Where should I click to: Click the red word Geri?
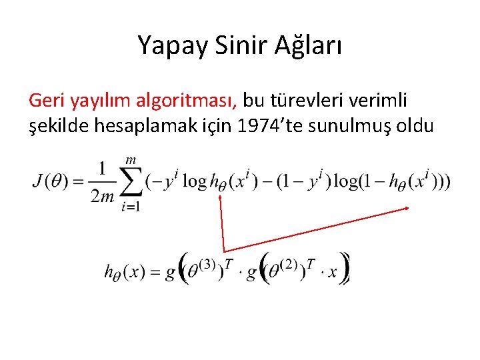(x=46, y=101)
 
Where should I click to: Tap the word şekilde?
(x=56, y=125)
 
